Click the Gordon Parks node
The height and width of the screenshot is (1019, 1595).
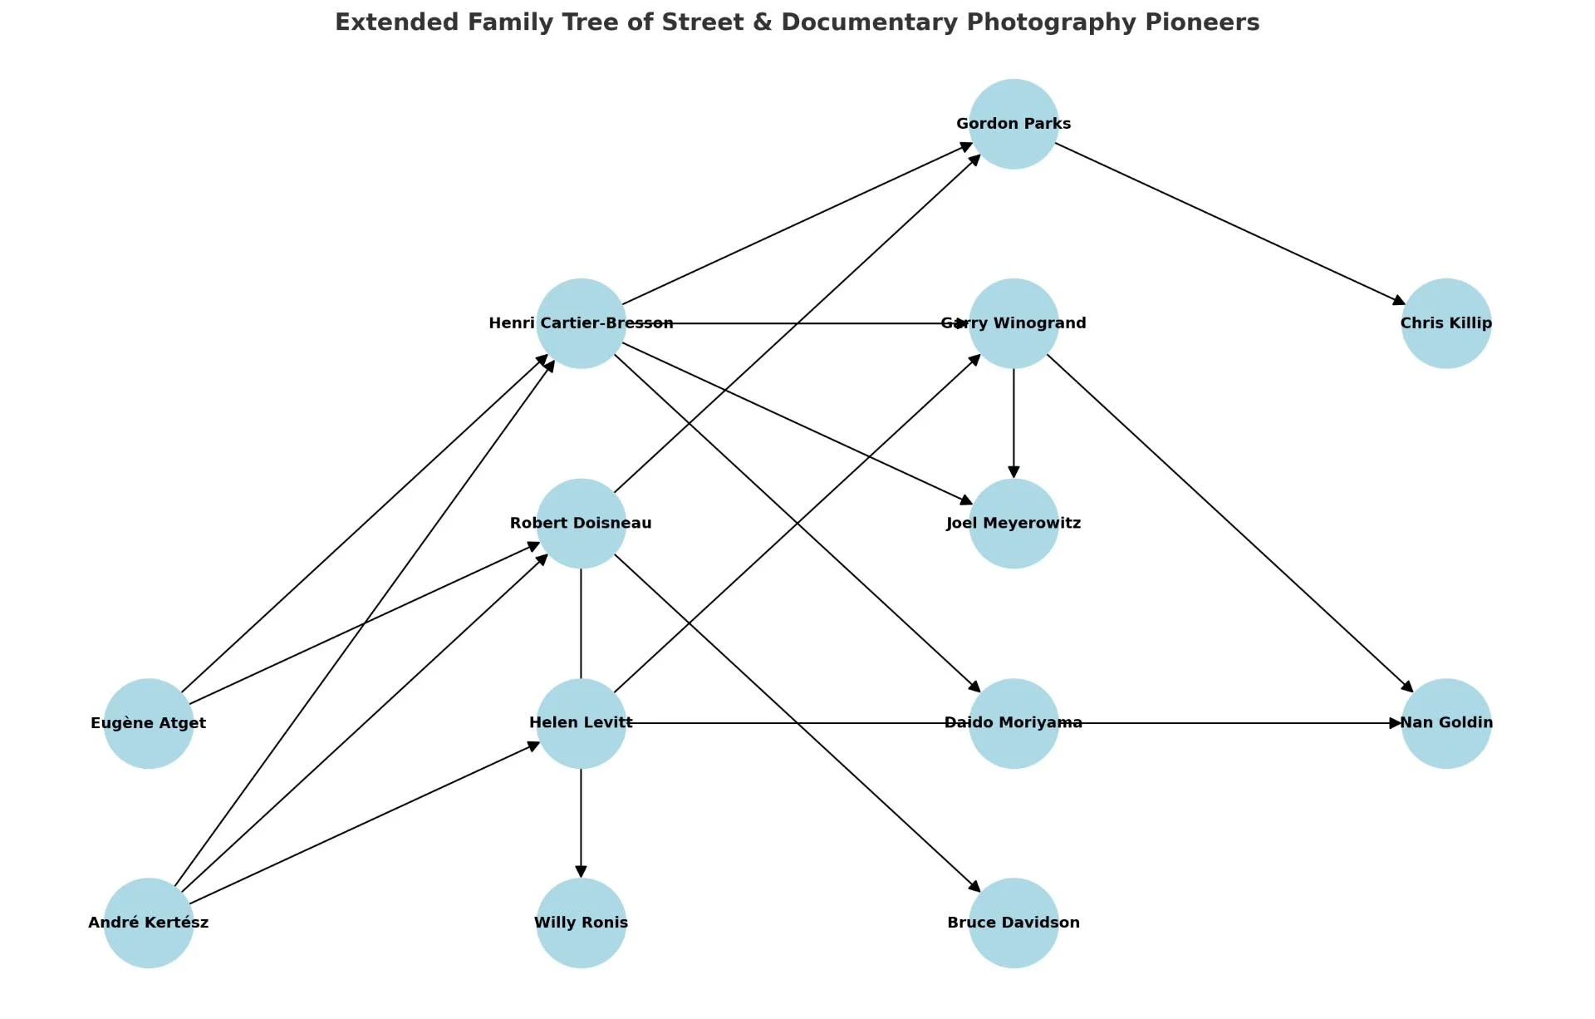[1013, 124]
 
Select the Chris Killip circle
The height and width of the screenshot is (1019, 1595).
[1445, 323]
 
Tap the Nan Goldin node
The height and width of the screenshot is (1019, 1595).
[1445, 723]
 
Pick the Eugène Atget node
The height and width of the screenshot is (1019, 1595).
[149, 723]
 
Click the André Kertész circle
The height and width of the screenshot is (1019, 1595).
[149, 923]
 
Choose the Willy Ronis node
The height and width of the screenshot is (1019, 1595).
[581, 923]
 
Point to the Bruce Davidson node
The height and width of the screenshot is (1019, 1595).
[1013, 923]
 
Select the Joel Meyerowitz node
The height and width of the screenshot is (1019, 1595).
[1013, 524]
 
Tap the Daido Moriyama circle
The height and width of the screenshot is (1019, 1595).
[1013, 723]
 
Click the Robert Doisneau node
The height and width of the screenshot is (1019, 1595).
[581, 524]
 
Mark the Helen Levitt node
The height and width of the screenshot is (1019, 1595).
[581, 723]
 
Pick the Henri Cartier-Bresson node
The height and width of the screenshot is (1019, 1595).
[581, 323]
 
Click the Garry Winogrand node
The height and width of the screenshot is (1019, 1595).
[1013, 323]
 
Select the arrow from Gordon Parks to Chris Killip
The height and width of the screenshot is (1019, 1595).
[1229, 224]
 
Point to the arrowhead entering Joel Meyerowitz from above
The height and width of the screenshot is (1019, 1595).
[1013, 471]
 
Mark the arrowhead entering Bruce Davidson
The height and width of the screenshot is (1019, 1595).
[974, 886]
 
